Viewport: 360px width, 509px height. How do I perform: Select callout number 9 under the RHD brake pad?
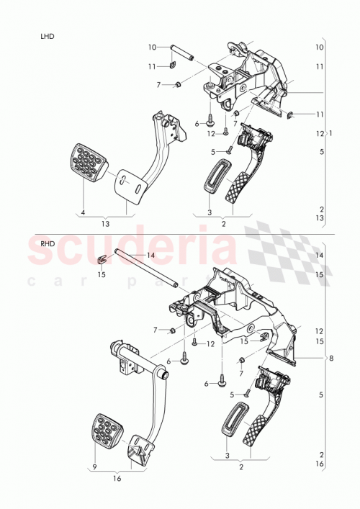(x=94, y=467)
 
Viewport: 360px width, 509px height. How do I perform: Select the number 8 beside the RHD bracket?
(x=331, y=358)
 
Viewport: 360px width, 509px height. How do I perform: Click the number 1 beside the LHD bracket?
(x=330, y=133)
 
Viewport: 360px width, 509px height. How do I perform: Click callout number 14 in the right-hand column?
(x=320, y=256)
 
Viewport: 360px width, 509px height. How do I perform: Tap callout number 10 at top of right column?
(x=320, y=47)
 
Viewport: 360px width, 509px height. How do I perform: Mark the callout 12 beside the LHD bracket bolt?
(x=211, y=134)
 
